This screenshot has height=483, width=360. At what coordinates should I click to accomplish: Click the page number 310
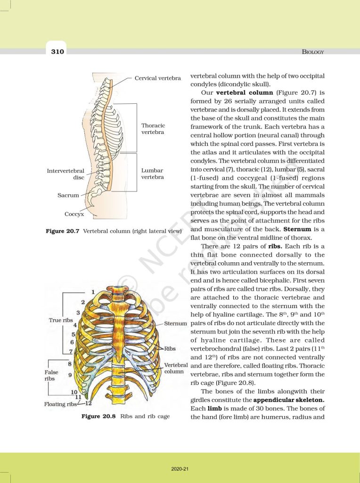point(57,51)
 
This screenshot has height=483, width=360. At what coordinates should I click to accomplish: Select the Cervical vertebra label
point(158,78)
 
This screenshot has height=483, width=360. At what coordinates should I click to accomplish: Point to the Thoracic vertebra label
point(153,129)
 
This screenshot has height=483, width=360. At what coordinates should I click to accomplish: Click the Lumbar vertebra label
point(153,174)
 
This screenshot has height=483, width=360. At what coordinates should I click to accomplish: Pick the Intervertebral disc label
point(65,174)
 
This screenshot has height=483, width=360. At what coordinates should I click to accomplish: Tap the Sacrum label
point(68,195)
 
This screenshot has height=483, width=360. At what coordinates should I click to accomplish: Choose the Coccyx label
point(74,214)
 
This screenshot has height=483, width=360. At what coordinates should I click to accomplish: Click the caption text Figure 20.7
point(62,232)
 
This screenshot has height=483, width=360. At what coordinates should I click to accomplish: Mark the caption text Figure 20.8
point(98,416)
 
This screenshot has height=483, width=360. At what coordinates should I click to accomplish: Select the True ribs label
point(60,320)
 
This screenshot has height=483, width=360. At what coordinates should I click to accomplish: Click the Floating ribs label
point(61,404)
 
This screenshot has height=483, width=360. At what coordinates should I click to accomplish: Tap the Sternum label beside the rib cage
point(176,324)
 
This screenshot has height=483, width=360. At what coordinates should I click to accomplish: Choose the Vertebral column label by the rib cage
point(176,368)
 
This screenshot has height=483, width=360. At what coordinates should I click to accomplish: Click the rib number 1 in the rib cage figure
point(93,291)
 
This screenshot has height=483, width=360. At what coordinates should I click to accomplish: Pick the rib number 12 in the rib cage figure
point(88,403)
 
